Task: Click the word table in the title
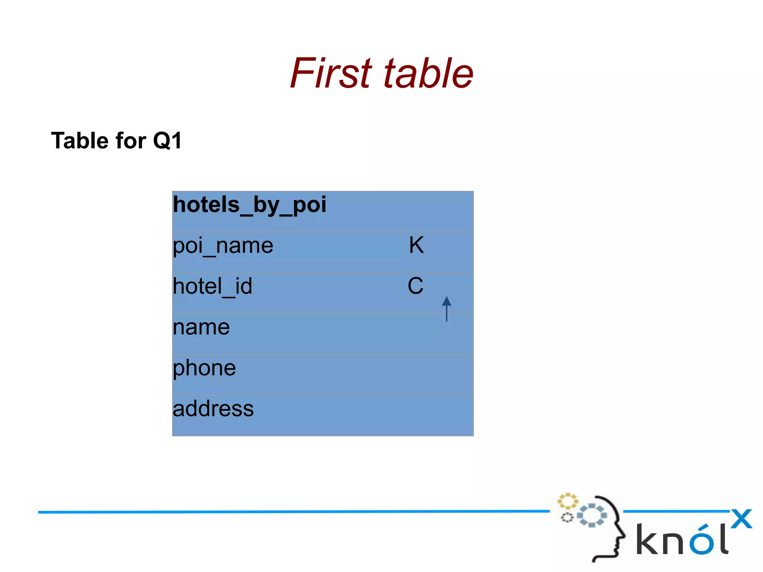tap(428, 73)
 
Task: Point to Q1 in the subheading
tap(167, 140)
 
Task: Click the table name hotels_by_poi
tap(249, 205)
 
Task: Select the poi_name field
tap(223, 246)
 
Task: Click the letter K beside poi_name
tap(416, 245)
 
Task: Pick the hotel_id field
tap(212, 287)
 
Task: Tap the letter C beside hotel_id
tap(415, 286)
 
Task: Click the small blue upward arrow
tap(446, 308)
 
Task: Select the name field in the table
tap(201, 328)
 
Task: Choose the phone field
tap(204, 369)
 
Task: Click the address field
tap(213, 409)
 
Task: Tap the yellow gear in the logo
tap(567, 501)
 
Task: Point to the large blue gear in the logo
tap(592, 515)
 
